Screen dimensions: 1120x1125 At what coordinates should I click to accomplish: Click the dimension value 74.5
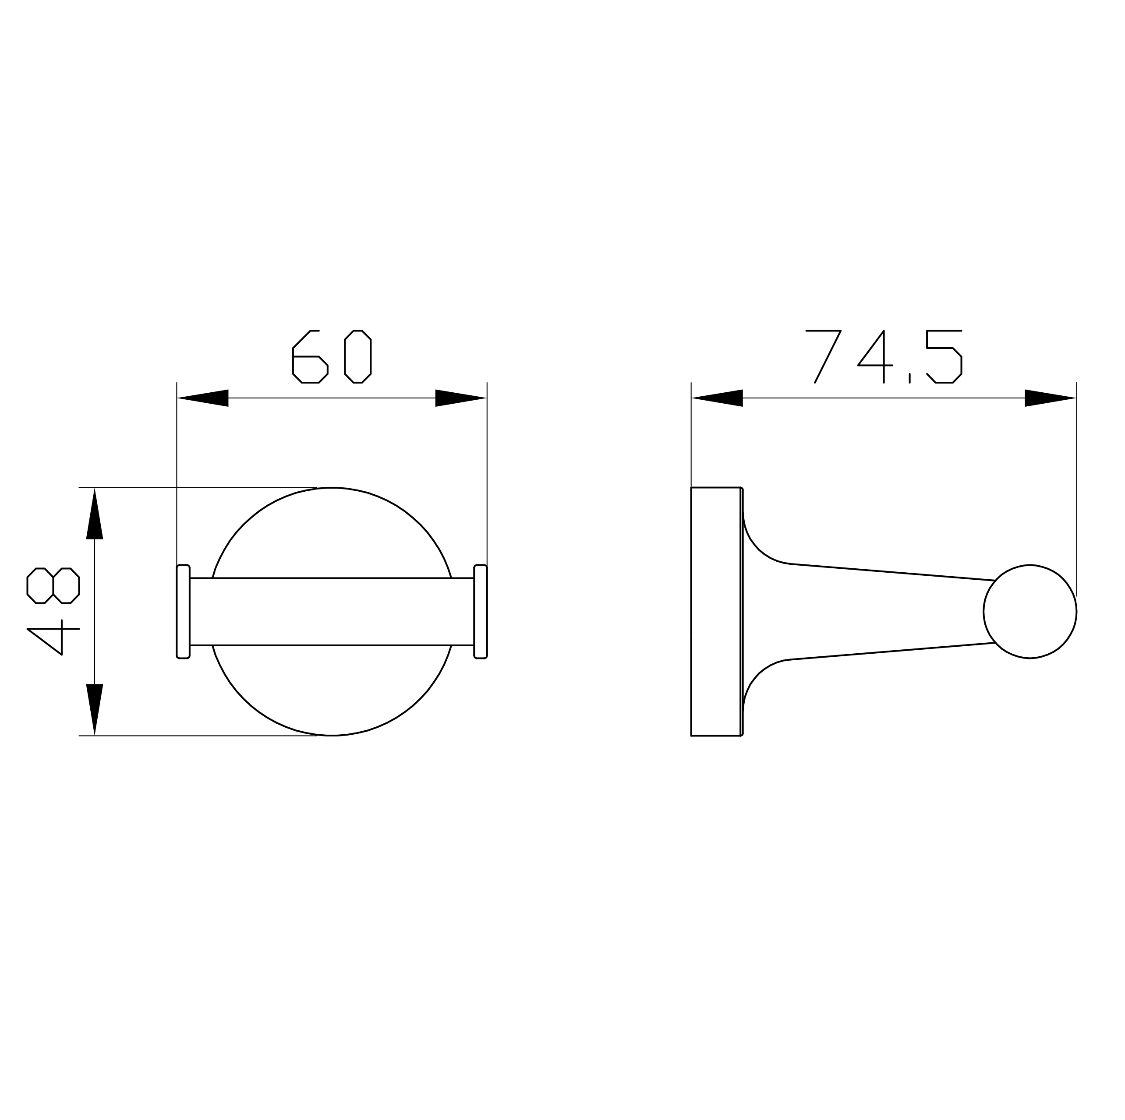(884, 357)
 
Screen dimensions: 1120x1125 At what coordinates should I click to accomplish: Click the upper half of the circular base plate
(332, 533)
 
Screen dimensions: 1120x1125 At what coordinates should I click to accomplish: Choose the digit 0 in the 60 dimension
(357, 357)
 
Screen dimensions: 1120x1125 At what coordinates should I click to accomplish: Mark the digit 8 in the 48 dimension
(53, 585)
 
